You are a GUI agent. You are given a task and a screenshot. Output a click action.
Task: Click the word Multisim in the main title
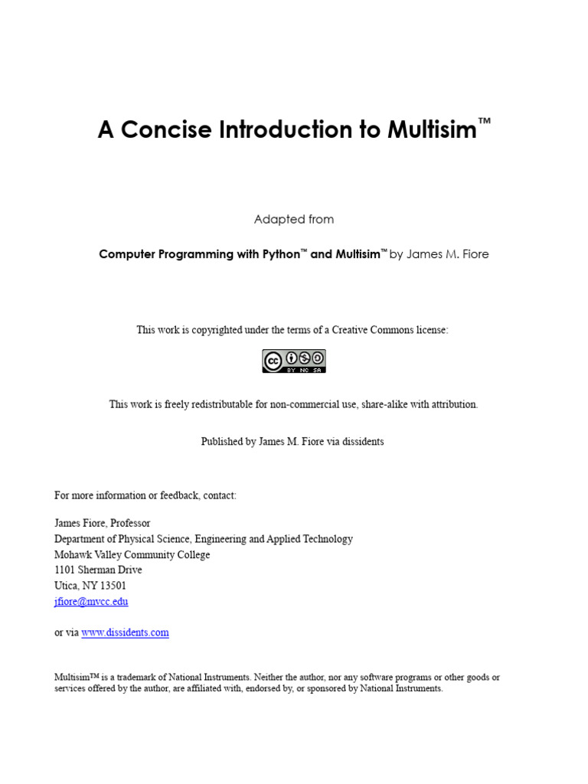(x=431, y=130)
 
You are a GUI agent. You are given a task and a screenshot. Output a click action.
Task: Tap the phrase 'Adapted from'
(x=294, y=220)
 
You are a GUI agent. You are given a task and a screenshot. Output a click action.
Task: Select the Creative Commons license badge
(x=294, y=361)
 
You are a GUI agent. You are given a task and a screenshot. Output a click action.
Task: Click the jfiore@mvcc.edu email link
(x=91, y=602)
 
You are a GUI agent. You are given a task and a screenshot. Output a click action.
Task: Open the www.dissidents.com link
(x=125, y=632)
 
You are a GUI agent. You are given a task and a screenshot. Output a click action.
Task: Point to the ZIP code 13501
(x=112, y=586)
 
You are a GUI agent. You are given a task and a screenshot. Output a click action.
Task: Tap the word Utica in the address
(x=67, y=586)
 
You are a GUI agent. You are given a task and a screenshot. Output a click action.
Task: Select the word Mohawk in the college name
(x=72, y=555)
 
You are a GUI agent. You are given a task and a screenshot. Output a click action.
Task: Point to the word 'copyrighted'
(x=211, y=330)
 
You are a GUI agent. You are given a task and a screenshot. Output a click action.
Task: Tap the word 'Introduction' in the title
(x=286, y=130)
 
